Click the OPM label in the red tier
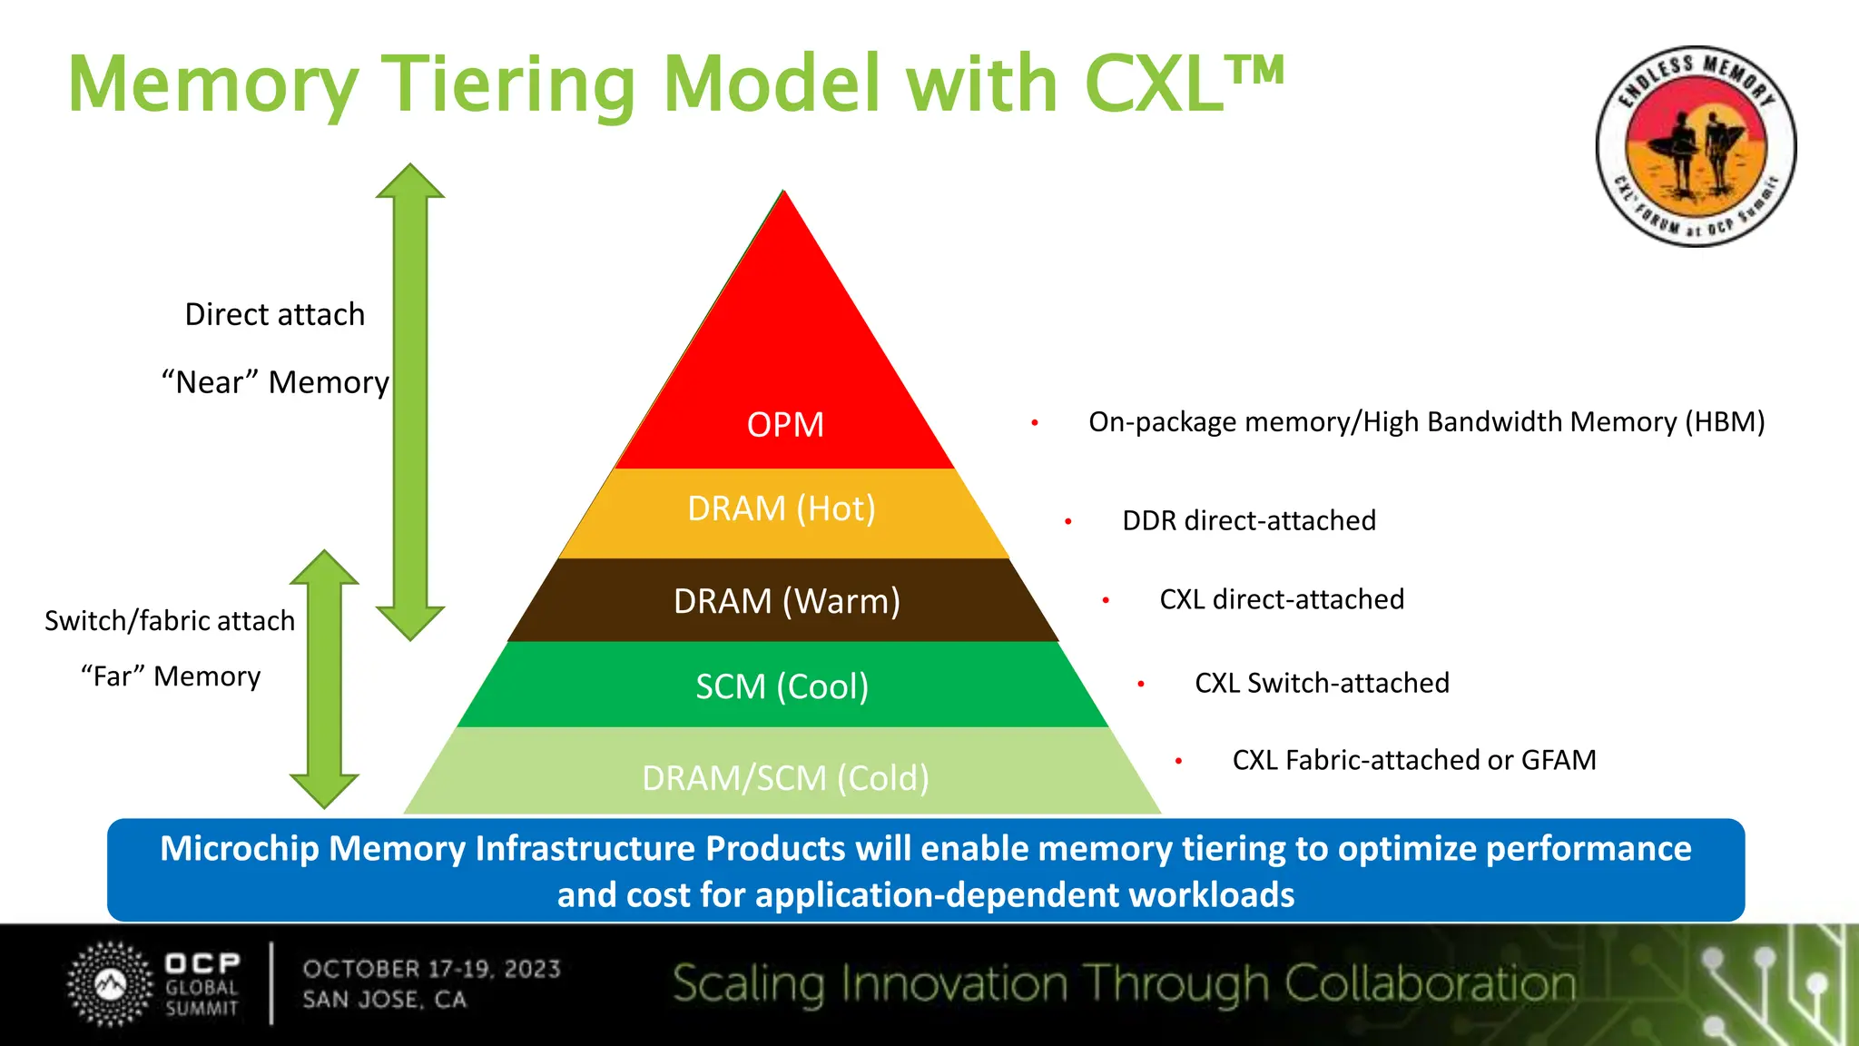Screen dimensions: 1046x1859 coord(785,425)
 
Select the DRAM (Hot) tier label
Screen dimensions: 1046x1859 coord(782,508)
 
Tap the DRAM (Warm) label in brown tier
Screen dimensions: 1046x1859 coord(786,601)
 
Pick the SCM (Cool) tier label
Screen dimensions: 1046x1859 coord(782,686)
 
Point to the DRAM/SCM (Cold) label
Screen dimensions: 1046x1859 coord(785,778)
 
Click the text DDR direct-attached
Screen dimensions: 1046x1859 coord(1248,520)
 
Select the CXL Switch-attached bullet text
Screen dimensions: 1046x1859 coord(1321,683)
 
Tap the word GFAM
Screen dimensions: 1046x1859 coord(1558,760)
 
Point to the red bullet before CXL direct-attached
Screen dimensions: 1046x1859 coord(1106,600)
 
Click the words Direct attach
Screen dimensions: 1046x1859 coord(274,314)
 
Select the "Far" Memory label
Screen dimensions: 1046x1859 coord(171,676)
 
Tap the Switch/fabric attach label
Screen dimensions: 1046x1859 coord(170,621)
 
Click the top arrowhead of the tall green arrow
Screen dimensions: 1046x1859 coord(410,182)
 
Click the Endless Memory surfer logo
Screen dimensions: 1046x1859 coord(1696,146)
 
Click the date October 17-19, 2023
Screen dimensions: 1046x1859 coord(431,969)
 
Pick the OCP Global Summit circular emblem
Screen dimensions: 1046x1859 coord(111,984)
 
